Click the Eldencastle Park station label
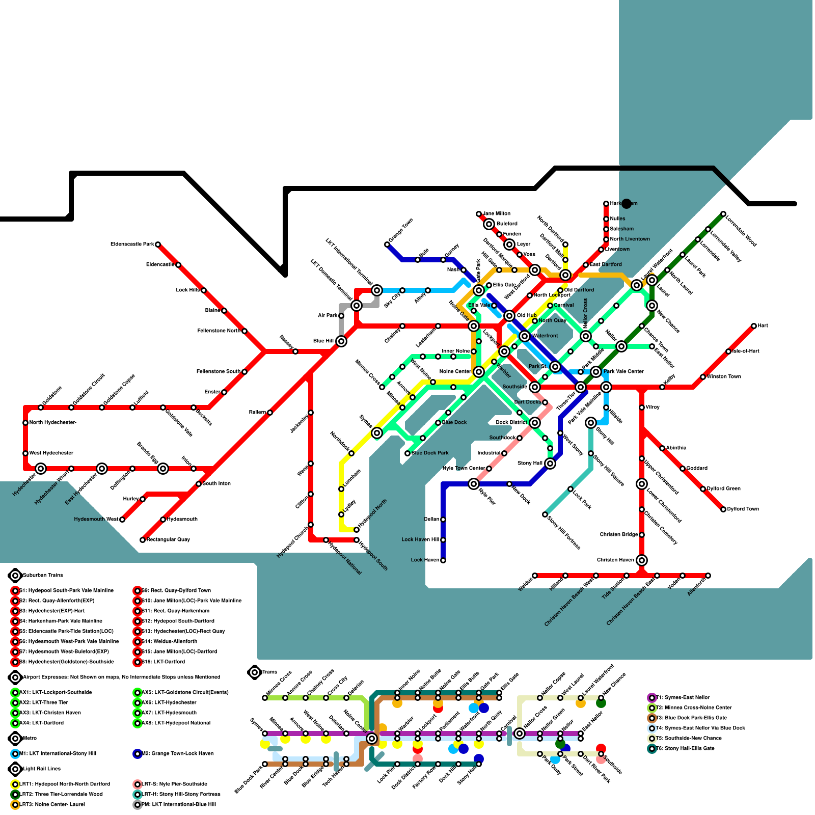(x=132, y=244)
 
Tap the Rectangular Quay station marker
(x=143, y=540)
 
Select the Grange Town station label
(x=401, y=230)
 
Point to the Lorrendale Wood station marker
(x=723, y=214)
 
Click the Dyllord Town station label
(x=743, y=509)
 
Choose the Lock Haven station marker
(x=443, y=560)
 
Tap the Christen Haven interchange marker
(x=642, y=560)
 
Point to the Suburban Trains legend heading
(x=43, y=576)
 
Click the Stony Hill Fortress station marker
(x=545, y=514)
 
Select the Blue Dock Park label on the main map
(x=430, y=453)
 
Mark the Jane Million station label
(x=496, y=214)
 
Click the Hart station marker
(x=754, y=326)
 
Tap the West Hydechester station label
(x=51, y=453)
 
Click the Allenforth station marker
(x=708, y=576)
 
